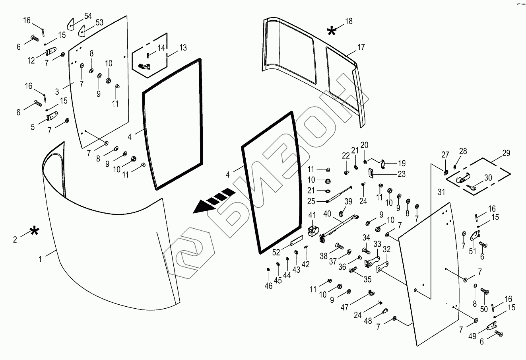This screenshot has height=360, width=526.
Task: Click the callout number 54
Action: point(88,16)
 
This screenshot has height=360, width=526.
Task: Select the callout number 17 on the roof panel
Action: point(361,47)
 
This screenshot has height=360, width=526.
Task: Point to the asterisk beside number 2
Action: point(35,231)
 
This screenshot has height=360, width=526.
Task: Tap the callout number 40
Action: point(327,214)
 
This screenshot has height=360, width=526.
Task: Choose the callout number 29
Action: point(506,153)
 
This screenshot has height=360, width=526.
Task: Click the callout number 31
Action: point(441,192)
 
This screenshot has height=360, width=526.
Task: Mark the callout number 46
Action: point(269,286)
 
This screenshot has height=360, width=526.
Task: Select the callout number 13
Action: point(182,48)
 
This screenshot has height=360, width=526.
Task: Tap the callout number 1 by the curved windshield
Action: point(40,259)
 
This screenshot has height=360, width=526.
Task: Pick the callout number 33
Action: point(377,244)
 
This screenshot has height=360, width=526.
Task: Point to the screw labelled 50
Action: point(484,292)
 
